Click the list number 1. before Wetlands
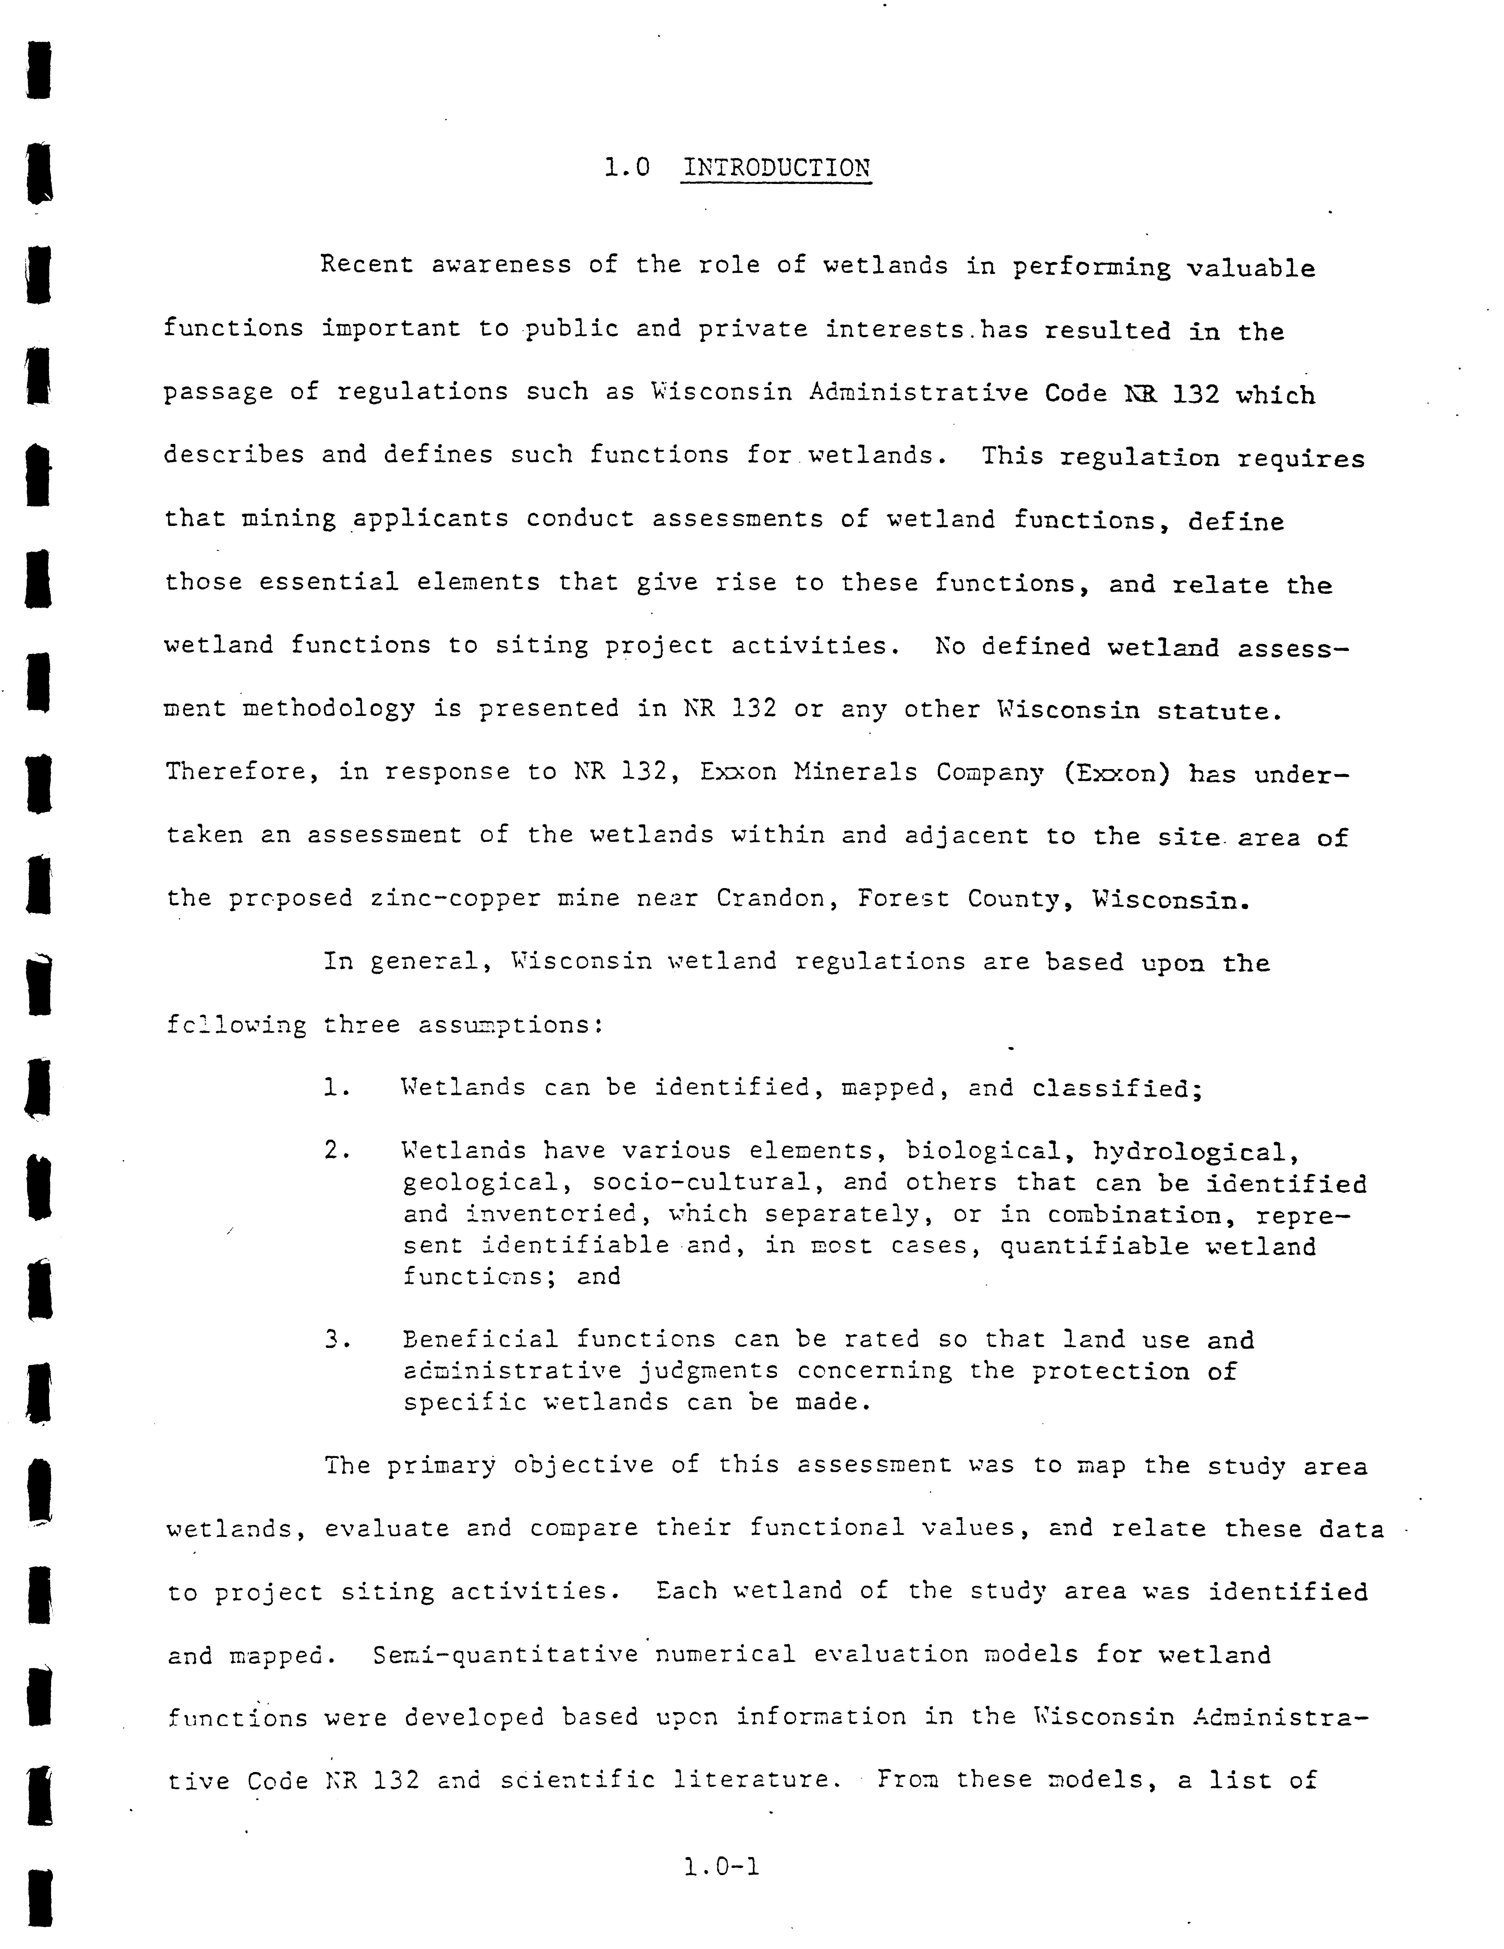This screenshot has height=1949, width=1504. tap(336, 1088)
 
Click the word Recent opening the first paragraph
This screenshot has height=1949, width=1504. tap(367, 264)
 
